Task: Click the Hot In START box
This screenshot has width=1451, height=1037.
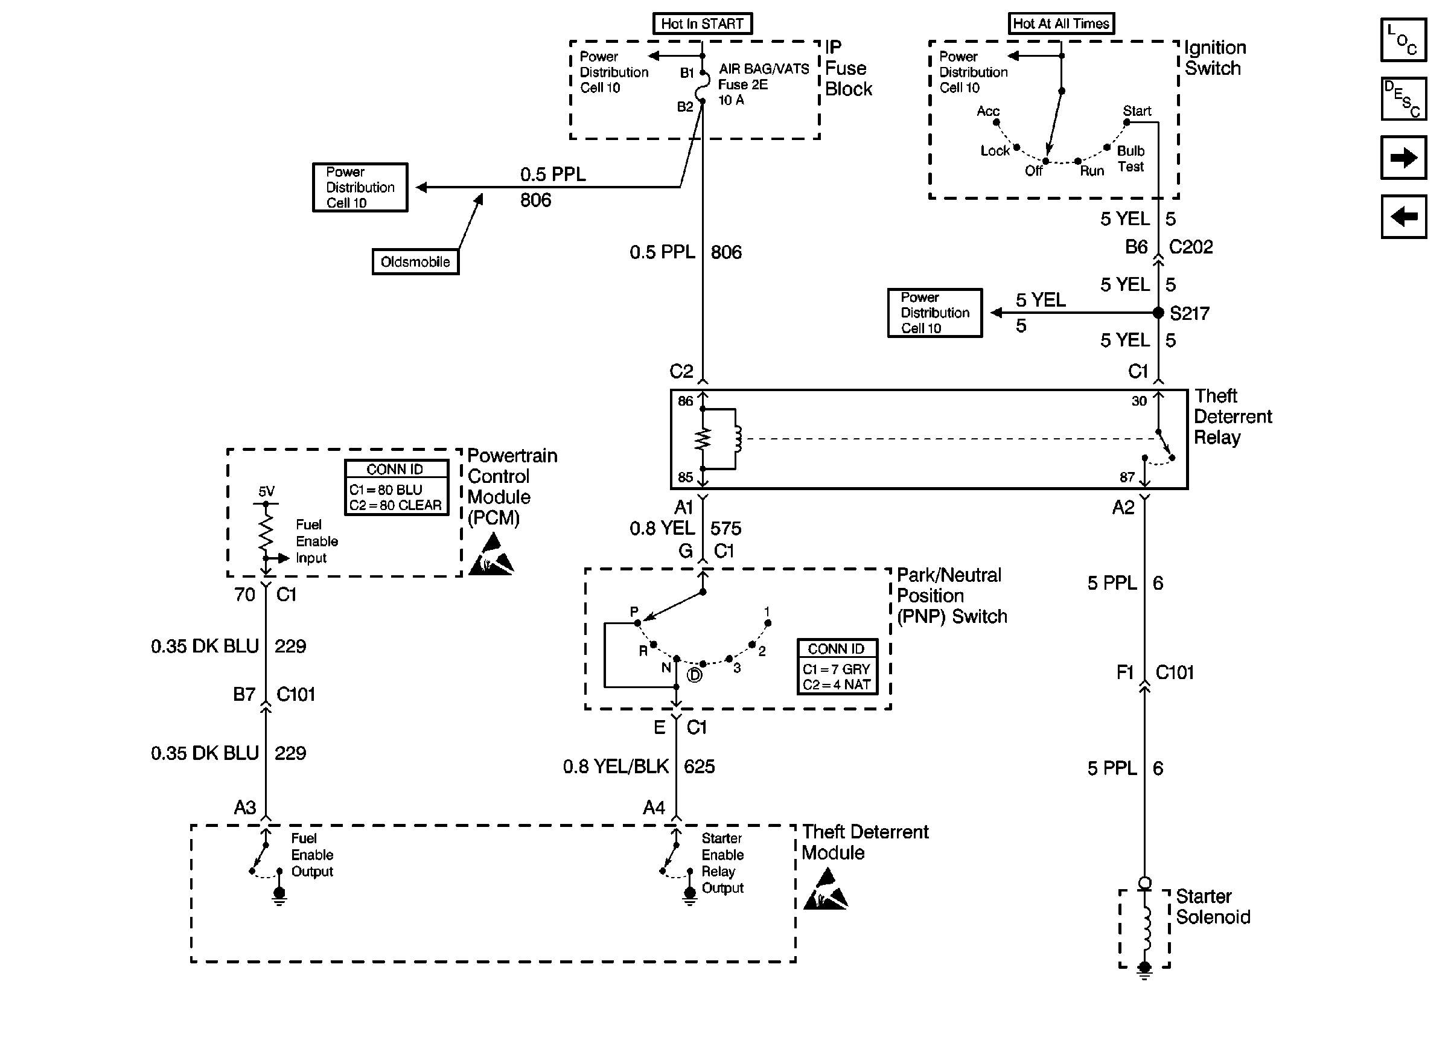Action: point(702,24)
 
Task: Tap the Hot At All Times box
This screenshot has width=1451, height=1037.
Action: point(1061,24)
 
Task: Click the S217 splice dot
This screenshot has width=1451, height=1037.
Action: point(1158,313)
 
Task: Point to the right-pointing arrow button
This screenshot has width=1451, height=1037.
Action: point(1403,157)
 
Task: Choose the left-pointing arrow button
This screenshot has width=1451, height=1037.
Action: point(1403,217)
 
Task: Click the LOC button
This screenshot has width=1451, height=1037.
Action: point(1403,40)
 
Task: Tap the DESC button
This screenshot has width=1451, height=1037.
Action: point(1403,99)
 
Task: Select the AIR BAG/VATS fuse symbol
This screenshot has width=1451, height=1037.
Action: point(704,87)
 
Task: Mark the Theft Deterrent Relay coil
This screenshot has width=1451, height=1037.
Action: point(738,439)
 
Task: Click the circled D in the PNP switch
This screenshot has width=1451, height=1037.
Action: point(695,675)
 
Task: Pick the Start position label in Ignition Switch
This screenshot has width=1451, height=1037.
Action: point(1137,111)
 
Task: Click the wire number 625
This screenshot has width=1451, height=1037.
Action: point(699,766)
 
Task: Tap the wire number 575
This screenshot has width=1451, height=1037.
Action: point(726,528)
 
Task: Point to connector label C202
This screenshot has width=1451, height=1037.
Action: point(1190,247)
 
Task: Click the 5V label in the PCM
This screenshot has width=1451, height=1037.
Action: point(266,491)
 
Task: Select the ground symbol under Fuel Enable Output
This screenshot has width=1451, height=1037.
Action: point(279,897)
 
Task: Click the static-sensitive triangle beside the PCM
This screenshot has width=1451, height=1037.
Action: point(491,555)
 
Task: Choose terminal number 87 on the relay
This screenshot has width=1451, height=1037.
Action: point(1127,477)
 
